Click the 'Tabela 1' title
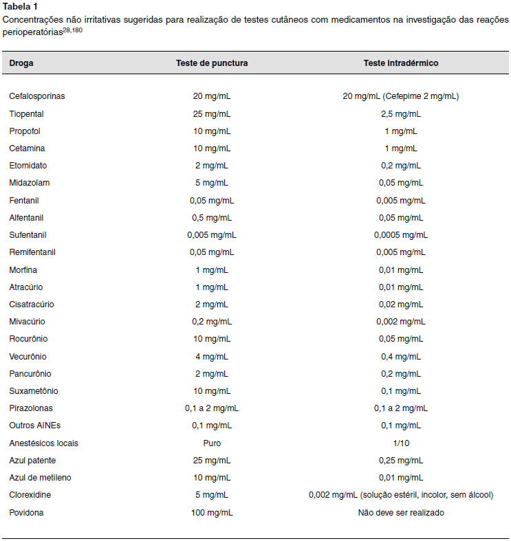point(20,7)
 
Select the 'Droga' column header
point(21,63)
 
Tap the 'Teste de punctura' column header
point(212,63)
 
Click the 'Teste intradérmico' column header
point(401,63)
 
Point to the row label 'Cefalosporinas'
point(37,96)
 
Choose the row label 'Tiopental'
point(26,114)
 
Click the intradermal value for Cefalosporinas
point(401,96)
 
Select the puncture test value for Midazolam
point(212,183)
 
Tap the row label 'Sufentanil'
point(28,235)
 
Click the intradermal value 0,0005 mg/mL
point(401,235)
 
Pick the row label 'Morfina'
point(23,269)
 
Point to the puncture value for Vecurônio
point(212,357)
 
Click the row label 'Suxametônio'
point(34,391)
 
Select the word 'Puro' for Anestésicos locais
point(212,443)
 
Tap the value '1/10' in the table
point(401,443)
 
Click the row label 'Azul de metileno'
point(40,478)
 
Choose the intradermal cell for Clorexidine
point(401,495)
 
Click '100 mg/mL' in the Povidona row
point(212,513)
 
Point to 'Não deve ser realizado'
point(401,513)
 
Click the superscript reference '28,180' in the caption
point(72,30)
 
